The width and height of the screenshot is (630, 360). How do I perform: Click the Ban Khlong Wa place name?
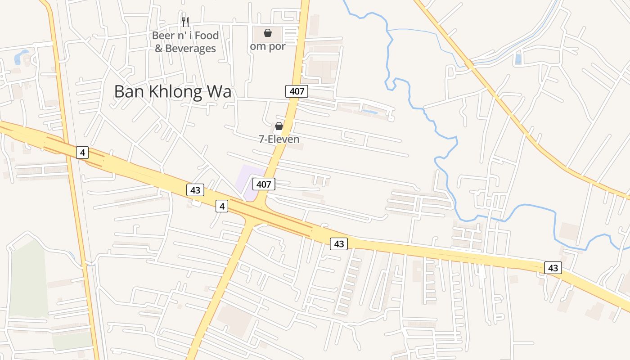point(172,91)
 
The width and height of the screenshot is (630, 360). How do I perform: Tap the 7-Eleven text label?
point(279,139)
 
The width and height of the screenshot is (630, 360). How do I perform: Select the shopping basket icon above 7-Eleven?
point(279,126)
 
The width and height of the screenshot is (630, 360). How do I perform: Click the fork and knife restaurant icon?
point(185,22)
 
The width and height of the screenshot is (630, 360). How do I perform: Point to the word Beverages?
point(191,49)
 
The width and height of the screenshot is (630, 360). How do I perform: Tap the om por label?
point(268,46)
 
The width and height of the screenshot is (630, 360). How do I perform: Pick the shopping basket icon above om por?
point(267,33)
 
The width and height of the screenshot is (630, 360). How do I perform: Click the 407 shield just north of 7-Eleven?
point(297,91)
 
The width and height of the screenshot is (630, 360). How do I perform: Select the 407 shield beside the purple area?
point(264,184)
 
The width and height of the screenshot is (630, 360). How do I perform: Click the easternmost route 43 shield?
point(553,268)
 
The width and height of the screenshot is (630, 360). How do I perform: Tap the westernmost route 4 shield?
point(82,153)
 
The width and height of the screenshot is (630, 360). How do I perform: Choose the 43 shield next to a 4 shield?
point(195,190)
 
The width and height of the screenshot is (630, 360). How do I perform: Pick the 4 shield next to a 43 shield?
point(221,207)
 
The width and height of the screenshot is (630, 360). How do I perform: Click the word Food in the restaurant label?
point(206,36)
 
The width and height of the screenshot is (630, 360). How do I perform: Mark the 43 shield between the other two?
point(339,244)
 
